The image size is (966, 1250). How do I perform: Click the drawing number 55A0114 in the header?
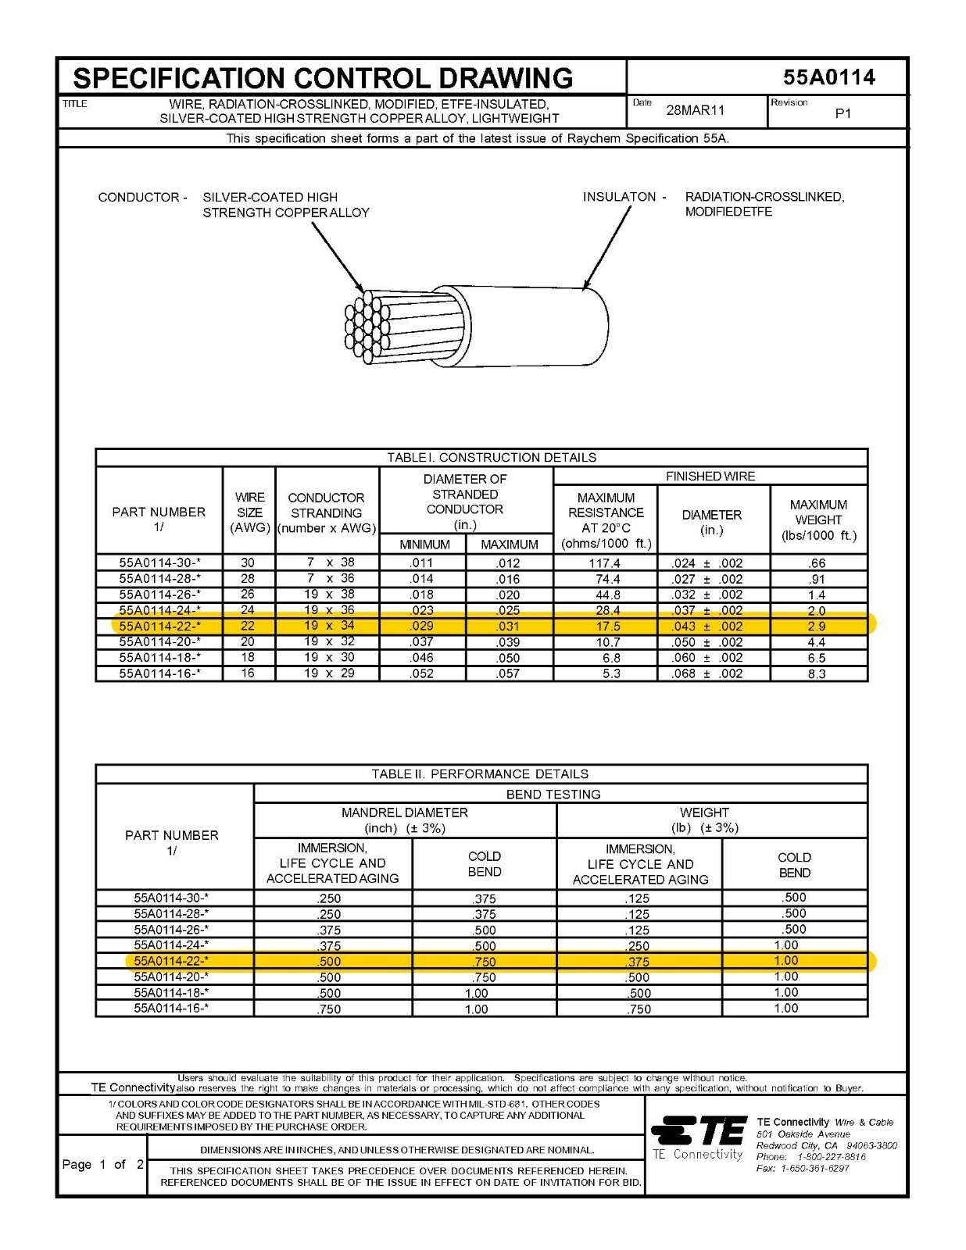(x=828, y=77)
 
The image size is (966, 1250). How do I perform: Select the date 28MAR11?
(x=695, y=110)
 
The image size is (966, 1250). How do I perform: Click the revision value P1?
(x=843, y=114)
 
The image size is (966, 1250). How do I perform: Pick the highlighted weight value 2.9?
(x=816, y=627)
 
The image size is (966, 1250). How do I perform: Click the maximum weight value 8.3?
(x=816, y=673)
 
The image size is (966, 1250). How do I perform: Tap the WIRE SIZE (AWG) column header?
(x=249, y=512)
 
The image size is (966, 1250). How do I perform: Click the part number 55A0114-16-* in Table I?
(x=159, y=673)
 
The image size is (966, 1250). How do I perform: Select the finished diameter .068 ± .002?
(x=707, y=673)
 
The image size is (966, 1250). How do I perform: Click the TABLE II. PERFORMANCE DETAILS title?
(x=480, y=774)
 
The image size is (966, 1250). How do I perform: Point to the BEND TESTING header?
(x=553, y=795)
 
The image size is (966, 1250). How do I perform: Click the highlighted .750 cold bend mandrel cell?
(x=484, y=962)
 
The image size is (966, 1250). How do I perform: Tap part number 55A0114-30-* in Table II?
(x=171, y=898)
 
